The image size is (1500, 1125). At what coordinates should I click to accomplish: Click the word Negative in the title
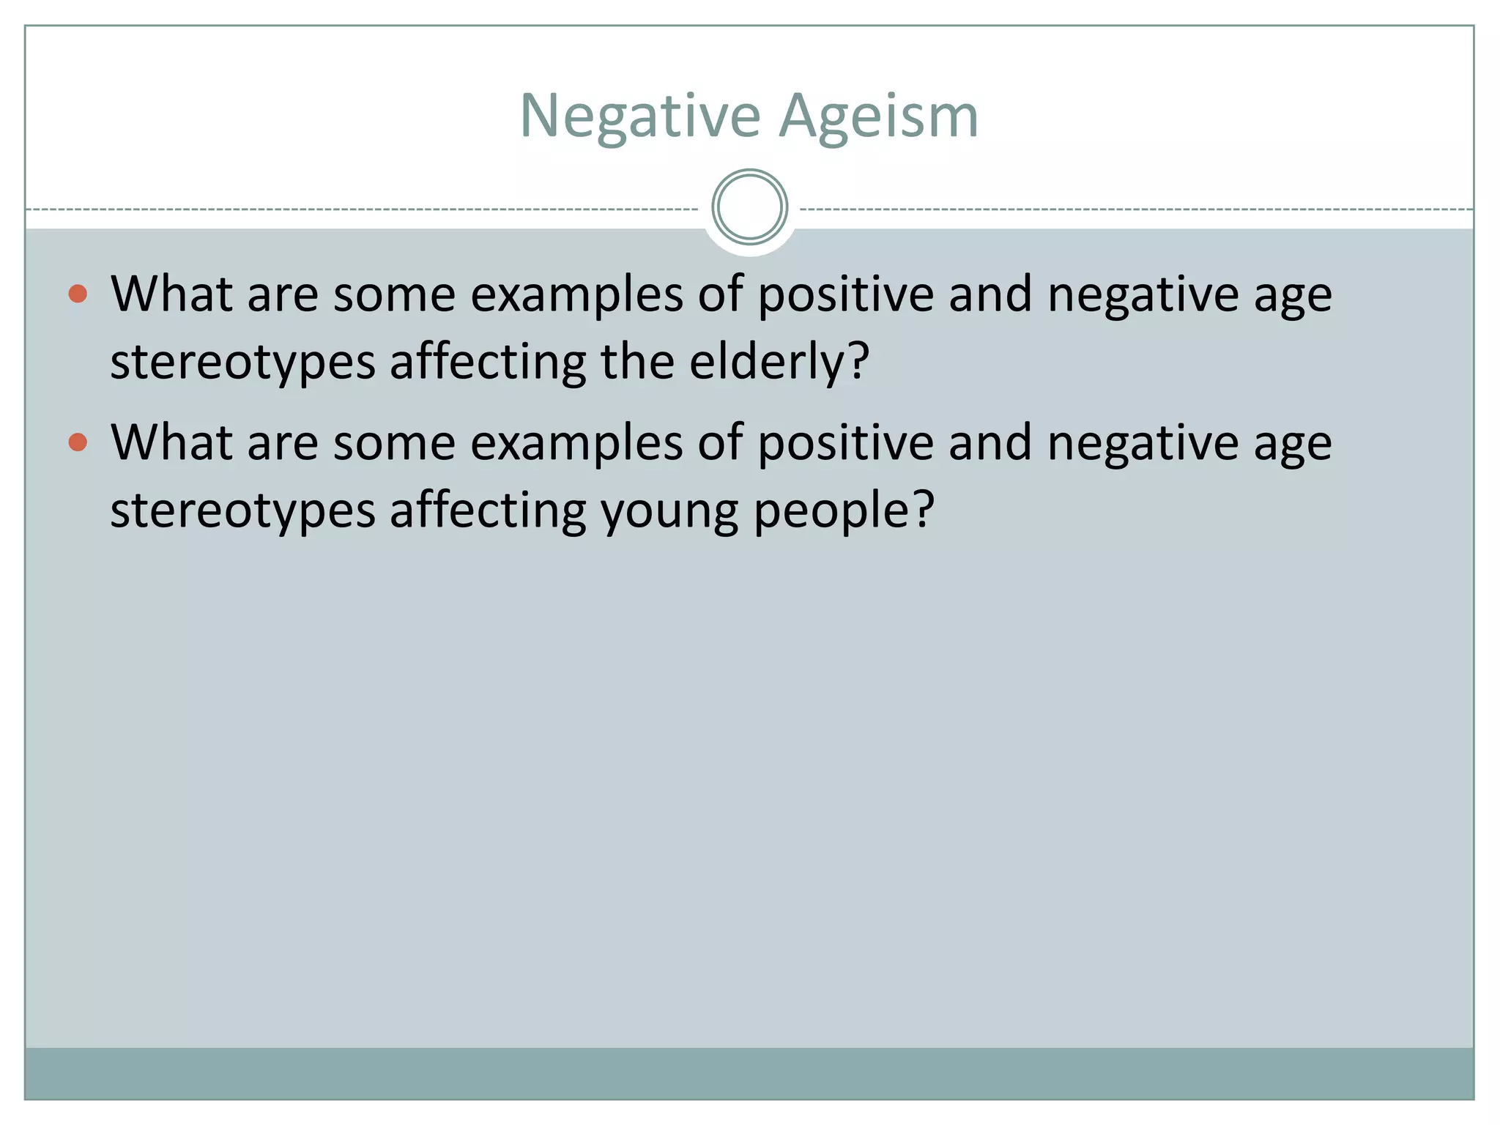click(640, 116)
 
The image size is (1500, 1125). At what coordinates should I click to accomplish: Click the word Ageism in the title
click(878, 116)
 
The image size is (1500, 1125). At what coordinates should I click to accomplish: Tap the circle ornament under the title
click(749, 207)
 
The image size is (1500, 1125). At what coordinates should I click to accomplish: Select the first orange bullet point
click(78, 294)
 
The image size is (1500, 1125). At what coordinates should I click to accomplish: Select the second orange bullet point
click(78, 442)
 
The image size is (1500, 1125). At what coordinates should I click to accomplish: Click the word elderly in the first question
click(779, 361)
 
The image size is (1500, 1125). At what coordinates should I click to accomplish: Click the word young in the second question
click(669, 510)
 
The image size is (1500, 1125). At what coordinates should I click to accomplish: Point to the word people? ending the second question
click(844, 510)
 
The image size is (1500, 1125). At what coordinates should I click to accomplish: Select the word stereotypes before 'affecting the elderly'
click(242, 361)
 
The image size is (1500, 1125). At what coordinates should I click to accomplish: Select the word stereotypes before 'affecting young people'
click(242, 510)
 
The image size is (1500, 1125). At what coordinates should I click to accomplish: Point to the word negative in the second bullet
click(1143, 442)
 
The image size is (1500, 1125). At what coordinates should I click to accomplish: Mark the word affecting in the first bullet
click(488, 361)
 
